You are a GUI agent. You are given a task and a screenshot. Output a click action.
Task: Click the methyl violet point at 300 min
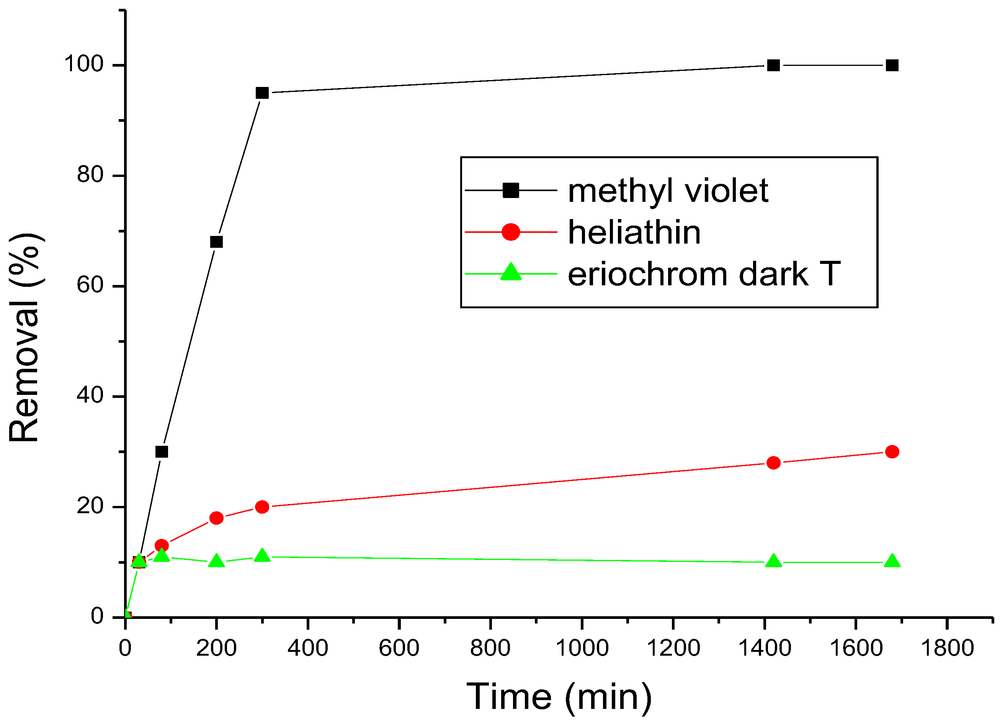pos(262,93)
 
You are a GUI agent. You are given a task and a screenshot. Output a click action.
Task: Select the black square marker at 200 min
pos(216,242)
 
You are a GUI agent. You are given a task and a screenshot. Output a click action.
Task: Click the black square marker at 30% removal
pos(162,452)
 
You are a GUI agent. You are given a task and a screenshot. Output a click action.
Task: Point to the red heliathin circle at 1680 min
pos(892,452)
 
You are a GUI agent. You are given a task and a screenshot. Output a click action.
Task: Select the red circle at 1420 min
pos(773,463)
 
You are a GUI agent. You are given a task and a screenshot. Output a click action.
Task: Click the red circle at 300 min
pos(262,507)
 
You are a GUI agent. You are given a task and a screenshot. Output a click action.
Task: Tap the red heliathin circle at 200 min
pos(216,518)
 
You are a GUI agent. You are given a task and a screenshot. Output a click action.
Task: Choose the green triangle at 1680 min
pos(892,561)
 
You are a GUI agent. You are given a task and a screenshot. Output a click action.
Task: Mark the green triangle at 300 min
pos(262,556)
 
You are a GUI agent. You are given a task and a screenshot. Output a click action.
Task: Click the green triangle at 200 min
pos(216,561)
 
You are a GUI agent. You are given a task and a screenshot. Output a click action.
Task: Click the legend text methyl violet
pos(668,191)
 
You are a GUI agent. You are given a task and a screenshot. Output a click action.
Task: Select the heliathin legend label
pos(634,232)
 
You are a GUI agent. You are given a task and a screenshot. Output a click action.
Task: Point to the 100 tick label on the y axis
pos(84,64)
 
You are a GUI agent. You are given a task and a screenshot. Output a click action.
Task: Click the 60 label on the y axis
pos(90,285)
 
